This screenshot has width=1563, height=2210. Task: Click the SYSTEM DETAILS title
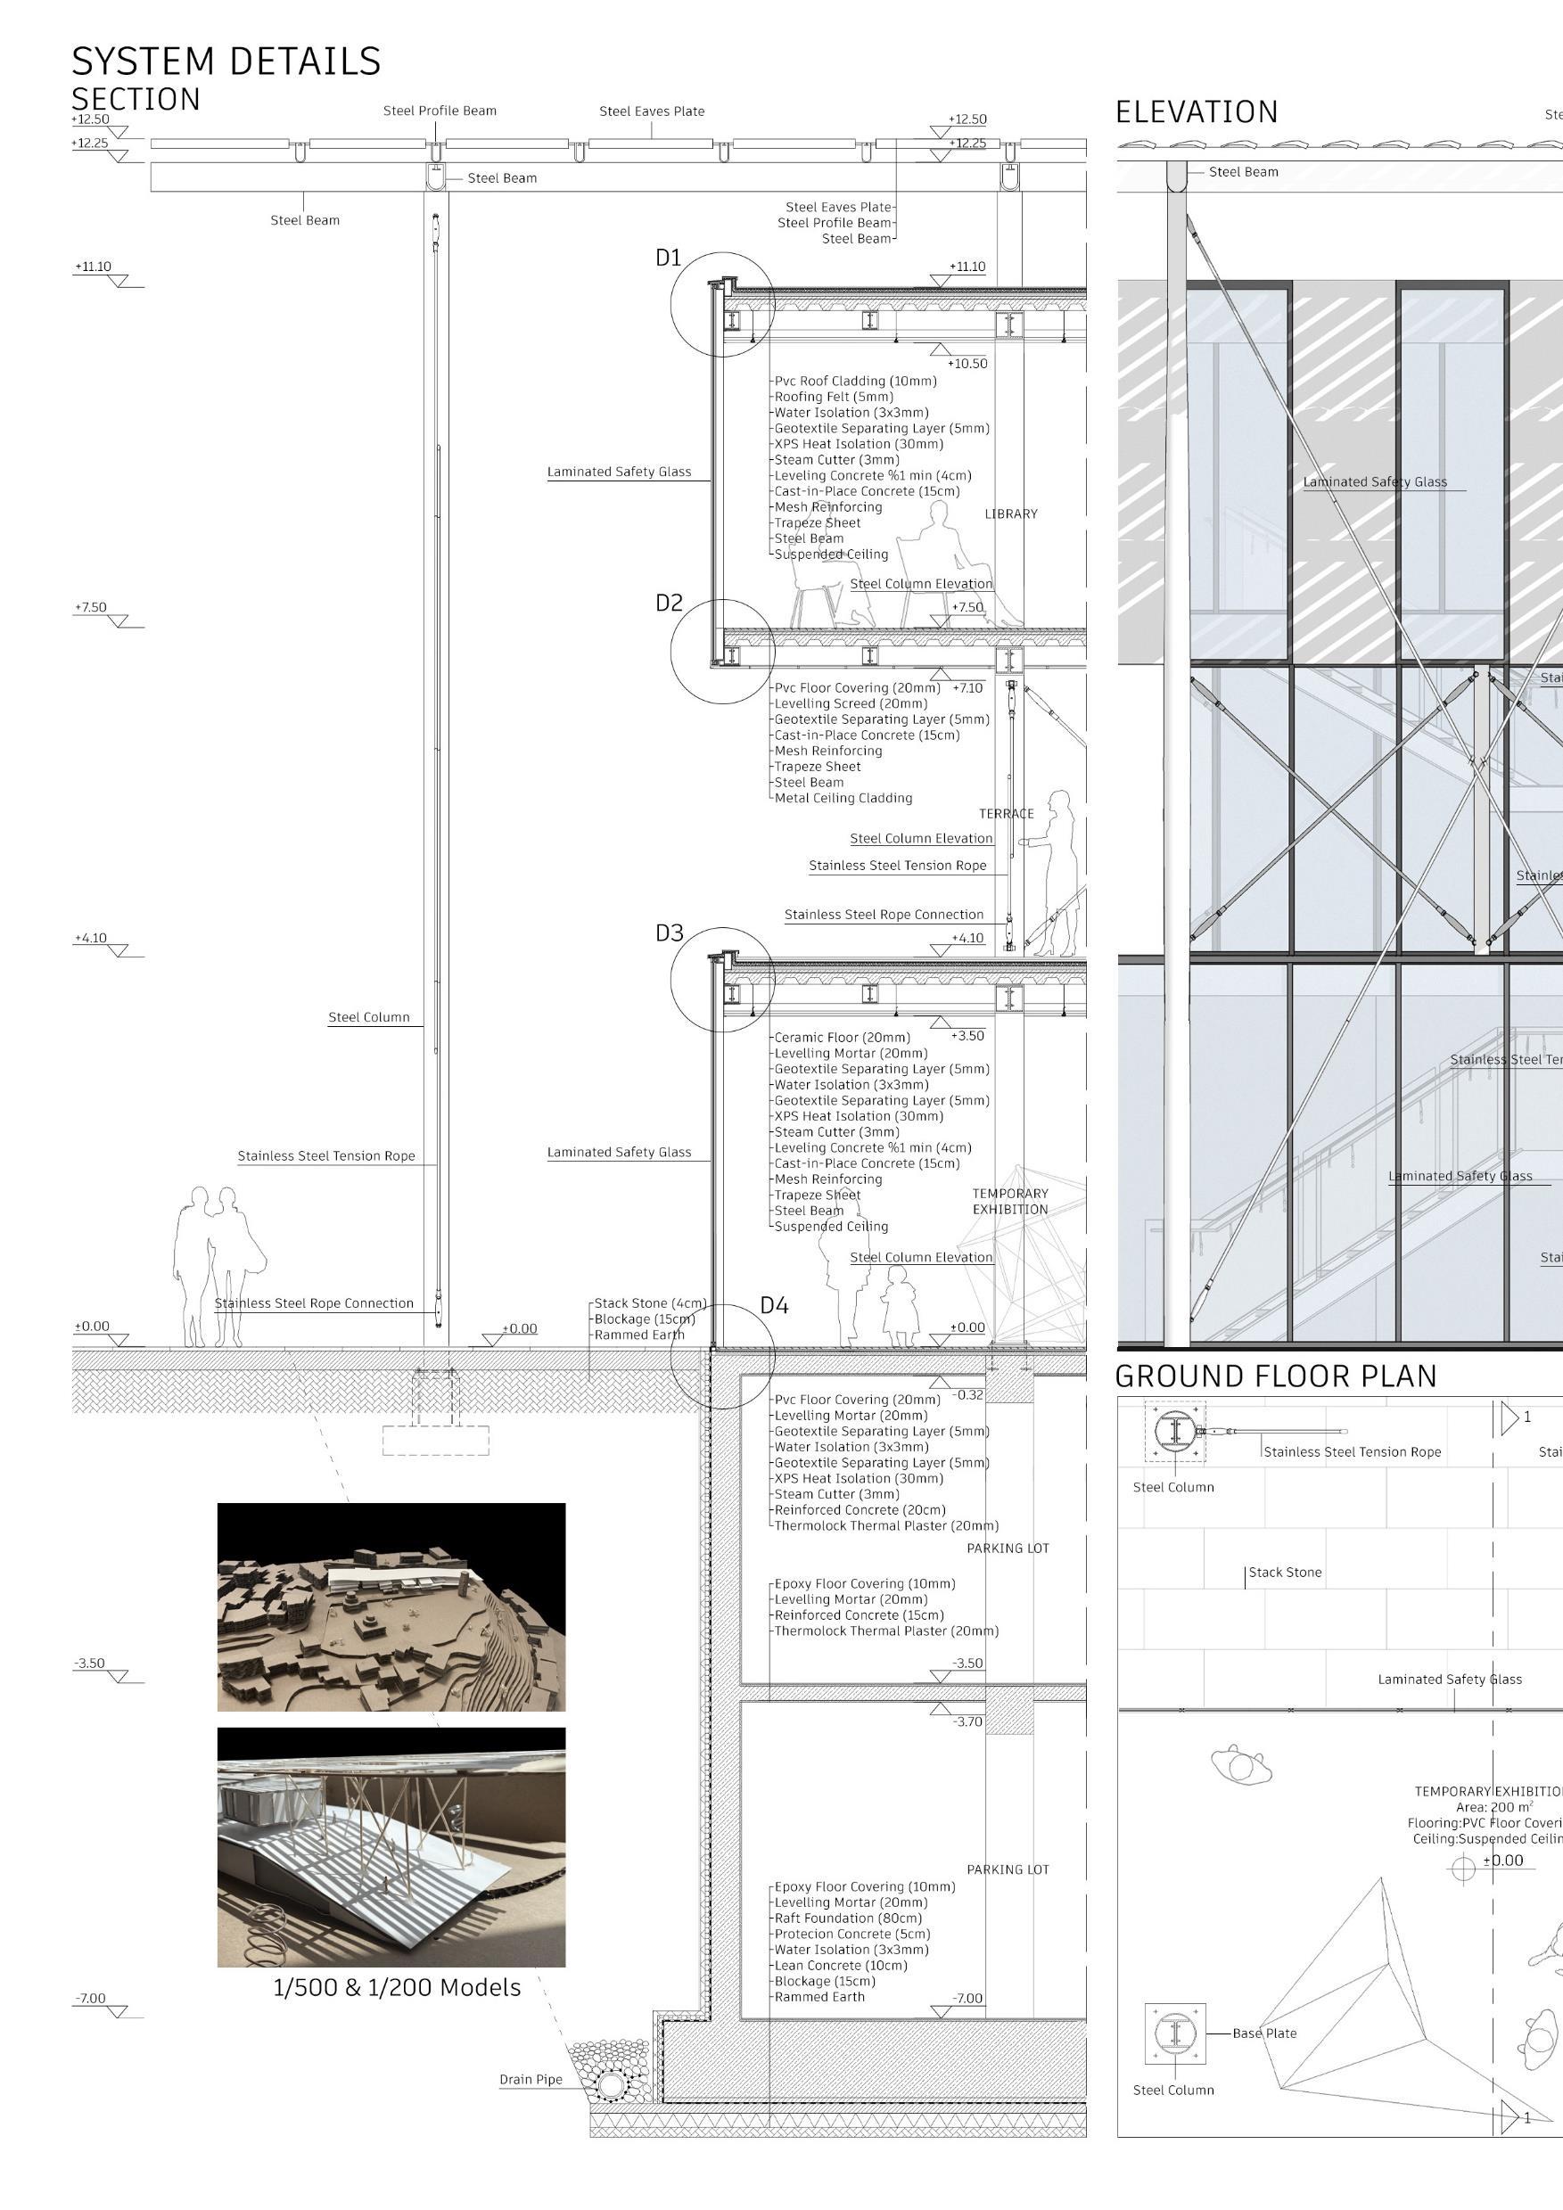(x=226, y=62)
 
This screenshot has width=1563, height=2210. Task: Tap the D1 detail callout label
(x=668, y=258)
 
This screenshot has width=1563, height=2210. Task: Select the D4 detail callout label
(x=774, y=1305)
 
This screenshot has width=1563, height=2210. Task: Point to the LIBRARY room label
(x=1010, y=514)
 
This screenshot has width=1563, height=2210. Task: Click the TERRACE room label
(x=1006, y=813)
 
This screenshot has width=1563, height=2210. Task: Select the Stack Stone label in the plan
(x=1285, y=1573)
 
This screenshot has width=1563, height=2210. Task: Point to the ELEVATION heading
(x=1197, y=112)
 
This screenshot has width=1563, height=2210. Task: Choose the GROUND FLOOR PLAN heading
(x=1275, y=1376)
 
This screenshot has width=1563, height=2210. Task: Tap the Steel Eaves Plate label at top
(x=652, y=111)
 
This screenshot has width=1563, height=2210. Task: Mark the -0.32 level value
(x=968, y=1394)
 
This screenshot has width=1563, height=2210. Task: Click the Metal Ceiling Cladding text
(x=843, y=798)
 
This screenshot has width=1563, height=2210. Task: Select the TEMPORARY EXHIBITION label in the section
(x=1009, y=1201)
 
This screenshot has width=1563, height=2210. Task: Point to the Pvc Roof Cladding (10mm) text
(x=856, y=382)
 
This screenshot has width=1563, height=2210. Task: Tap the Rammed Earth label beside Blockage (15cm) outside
(x=639, y=1335)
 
